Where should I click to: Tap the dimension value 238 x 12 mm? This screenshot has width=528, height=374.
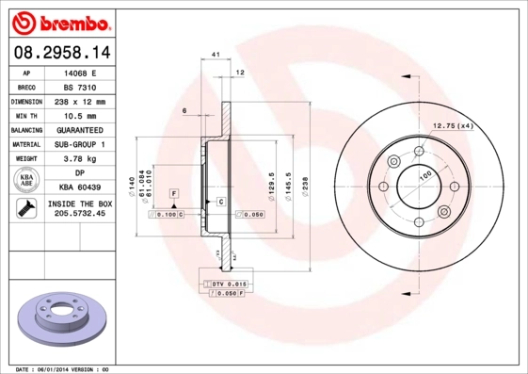coord(80,101)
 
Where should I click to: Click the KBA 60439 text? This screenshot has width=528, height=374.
coord(80,188)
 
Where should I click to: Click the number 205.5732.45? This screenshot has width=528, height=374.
coord(80,215)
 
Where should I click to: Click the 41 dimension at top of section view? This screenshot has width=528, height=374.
coord(216,57)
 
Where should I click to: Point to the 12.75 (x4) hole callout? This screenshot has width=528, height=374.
coord(451,125)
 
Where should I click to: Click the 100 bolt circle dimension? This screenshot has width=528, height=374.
coord(425,176)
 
